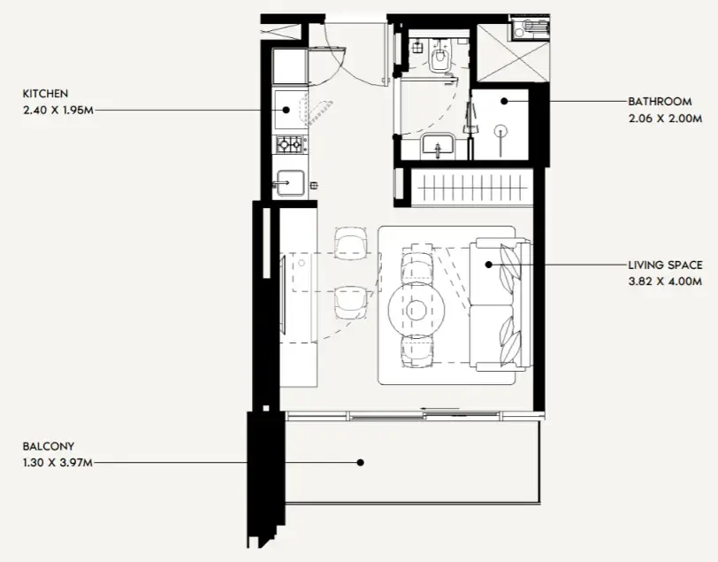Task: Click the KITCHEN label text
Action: coord(45,94)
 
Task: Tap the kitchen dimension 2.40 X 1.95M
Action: coord(58,110)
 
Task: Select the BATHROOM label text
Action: coord(660,101)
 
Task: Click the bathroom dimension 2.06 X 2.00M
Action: coord(665,119)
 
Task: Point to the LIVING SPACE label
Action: coord(665,265)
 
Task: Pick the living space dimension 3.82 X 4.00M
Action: coord(665,281)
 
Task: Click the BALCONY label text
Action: coord(49,446)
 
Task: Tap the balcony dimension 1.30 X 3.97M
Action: coord(57,463)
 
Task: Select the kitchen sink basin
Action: coord(290,183)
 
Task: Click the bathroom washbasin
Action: coord(438,144)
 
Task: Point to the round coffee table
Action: coord(416,311)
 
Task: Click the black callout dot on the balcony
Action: coord(361,463)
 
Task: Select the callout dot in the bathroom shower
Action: coord(504,101)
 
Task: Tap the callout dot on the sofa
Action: coord(489,265)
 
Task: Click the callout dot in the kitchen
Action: coord(286,110)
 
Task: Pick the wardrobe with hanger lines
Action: coord(472,188)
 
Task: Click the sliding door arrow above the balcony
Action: coord(440,408)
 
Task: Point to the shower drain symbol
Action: coord(502,131)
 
